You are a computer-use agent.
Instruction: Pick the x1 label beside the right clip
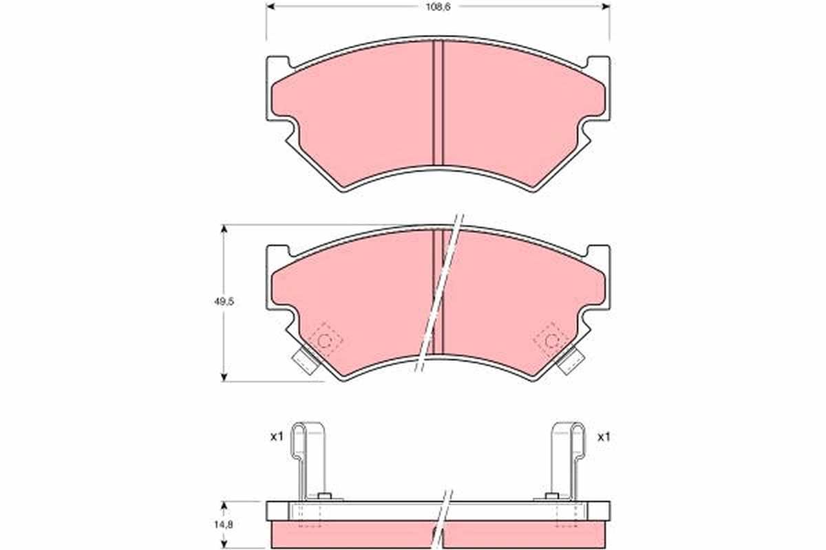[x=604, y=436]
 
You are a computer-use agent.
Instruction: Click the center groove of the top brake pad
[x=438, y=103]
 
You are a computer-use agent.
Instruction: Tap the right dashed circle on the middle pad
[x=551, y=340]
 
